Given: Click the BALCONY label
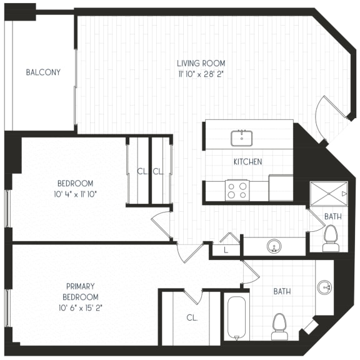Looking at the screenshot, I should pos(43,72).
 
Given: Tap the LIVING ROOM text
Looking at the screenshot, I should pos(201,63).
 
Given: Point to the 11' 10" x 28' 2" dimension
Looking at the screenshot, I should pos(201,74).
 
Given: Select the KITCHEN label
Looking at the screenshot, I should pos(247,162).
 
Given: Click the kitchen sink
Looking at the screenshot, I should pos(241,137).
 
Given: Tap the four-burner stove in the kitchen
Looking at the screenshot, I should pos(237,190).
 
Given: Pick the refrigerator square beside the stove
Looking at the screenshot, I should pos(281,188).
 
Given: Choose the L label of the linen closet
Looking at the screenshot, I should pos(226,249).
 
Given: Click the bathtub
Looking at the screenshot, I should pos(237,318).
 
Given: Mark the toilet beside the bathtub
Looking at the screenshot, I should pos(279,327).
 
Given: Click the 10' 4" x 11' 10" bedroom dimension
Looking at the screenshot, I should pos(76,194).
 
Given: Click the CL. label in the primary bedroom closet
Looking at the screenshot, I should pos(192,317).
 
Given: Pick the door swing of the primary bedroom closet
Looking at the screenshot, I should pos(193,296).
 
